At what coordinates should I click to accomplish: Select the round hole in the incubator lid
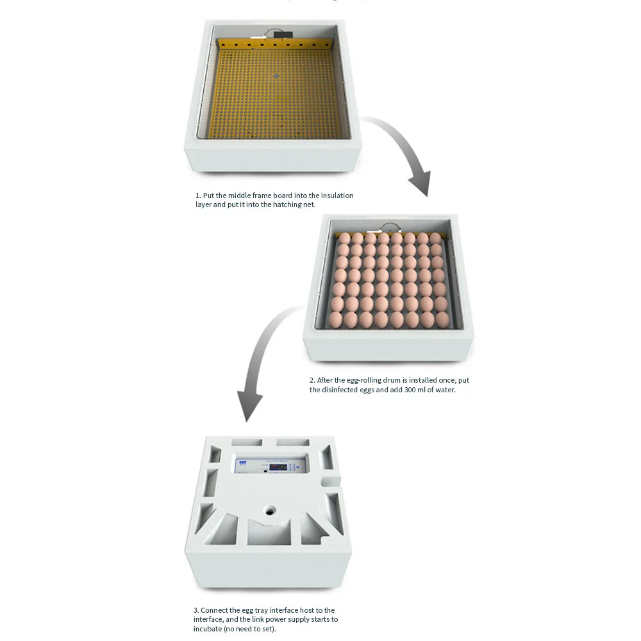(269, 511)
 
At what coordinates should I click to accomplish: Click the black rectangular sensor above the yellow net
(280, 34)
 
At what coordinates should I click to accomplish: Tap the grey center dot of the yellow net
(276, 75)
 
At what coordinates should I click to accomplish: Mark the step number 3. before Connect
(196, 610)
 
